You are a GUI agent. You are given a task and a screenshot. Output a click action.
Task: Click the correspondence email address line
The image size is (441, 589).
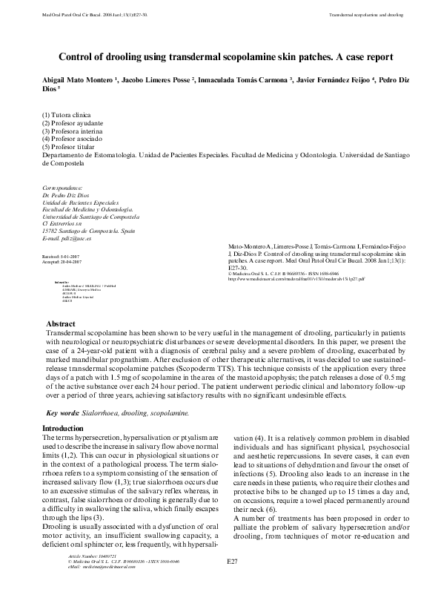pyautogui.click(x=67, y=239)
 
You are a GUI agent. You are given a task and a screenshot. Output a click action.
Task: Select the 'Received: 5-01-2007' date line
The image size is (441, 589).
pyautogui.click(x=64, y=255)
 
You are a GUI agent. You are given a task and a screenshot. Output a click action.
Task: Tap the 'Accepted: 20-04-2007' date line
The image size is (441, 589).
pyautogui.click(x=65, y=261)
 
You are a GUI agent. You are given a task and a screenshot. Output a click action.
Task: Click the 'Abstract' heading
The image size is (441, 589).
pyautogui.click(x=61, y=324)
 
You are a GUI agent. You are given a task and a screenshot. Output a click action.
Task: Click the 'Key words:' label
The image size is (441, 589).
pyautogui.click(x=63, y=412)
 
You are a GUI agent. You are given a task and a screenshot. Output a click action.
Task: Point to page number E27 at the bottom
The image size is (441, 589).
pyautogui.click(x=231, y=565)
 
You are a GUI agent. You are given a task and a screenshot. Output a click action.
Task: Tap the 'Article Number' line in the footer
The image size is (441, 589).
pyautogui.click(x=82, y=554)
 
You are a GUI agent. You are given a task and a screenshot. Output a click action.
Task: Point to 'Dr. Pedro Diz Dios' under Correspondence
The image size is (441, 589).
pyautogui.click(x=70, y=195)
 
